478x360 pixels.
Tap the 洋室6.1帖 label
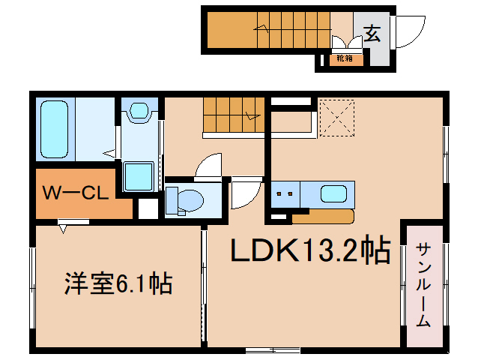[x=118, y=284]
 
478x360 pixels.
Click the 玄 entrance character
[x=372, y=33]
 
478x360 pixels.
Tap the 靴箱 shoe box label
[x=344, y=58]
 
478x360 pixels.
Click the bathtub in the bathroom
[x=54, y=129]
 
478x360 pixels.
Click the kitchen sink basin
[x=334, y=193]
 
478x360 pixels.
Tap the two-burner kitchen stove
[x=285, y=193]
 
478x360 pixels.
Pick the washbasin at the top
[x=139, y=111]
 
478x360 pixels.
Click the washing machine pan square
[x=139, y=177]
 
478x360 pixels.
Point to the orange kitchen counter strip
[x=322, y=217]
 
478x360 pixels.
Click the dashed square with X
[x=336, y=118]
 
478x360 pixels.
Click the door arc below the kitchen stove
[x=244, y=194]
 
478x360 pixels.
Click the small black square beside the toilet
[x=148, y=210]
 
